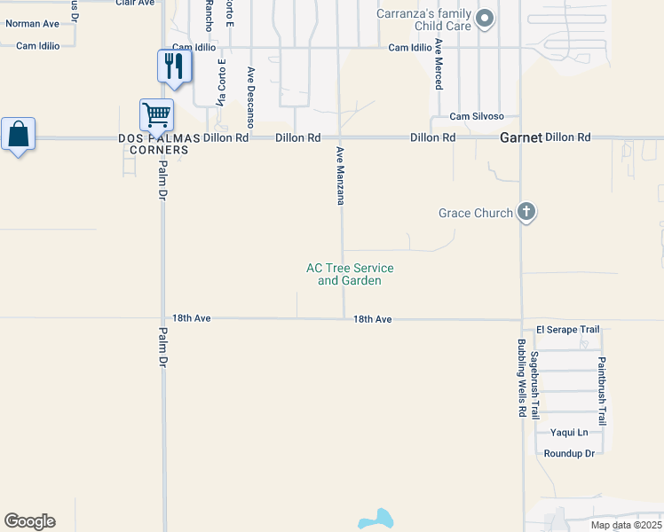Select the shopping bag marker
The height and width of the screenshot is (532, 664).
click(x=18, y=134)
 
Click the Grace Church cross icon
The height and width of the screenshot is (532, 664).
click(x=526, y=212)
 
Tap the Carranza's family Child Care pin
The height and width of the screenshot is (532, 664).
click(x=485, y=18)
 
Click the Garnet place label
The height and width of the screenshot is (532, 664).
click(x=520, y=137)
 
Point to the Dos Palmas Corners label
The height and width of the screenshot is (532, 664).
click(x=154, y=144)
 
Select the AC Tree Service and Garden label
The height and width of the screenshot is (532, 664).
click(x=350, y=274)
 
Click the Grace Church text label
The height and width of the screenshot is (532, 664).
click(x=476, y=213)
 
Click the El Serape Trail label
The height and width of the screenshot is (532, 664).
click(x=562, y=330)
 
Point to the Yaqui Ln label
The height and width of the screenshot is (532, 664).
click(x=569, y=433)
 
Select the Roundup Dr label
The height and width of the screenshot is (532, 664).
click(x=569, y=453)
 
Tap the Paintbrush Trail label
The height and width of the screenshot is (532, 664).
click(x=601, y=387)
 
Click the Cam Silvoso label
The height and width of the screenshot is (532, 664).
click(x=477, y=116)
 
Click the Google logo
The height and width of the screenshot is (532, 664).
click(x=29, y=521)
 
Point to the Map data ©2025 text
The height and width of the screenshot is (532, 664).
click(x=625, y=525)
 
